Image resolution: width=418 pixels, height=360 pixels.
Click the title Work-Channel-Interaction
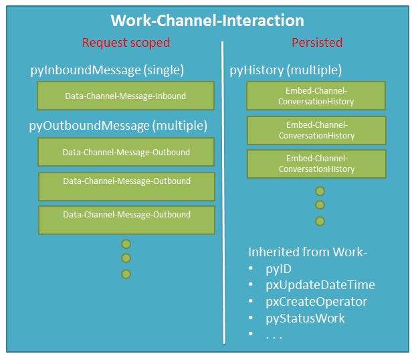click(x=207, y=21)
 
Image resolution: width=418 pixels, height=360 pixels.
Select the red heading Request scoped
click(x=126, y=43)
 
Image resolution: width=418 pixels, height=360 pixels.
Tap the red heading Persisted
click(x=317, y=43)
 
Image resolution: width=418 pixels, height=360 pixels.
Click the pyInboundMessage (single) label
click(x=107, y=70)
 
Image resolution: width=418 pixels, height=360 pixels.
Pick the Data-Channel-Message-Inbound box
click(x=126, y=96)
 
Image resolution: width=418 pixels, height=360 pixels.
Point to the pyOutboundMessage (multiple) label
click(x=118, y=126)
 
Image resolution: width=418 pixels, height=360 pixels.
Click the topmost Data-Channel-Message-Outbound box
click(x=126, y=152)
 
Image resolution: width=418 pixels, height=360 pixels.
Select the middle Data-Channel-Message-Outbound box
click(x=126, y=187)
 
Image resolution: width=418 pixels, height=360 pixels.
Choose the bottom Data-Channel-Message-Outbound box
click(x=126, y=220)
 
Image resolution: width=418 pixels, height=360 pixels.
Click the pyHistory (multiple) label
click(x=286, y=70)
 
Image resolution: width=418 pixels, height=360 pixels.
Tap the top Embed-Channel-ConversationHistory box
click(x=316, y=96)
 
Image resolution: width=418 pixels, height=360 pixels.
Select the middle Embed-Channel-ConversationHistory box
click(x=317, y=130)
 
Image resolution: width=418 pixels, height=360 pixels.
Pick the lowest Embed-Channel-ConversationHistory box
click(x=317, y=164)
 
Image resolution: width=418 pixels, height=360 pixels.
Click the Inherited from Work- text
click(x=308, y=252)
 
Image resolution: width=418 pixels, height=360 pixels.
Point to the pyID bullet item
click(x=279, y=269)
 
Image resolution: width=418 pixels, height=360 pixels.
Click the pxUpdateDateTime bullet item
click(x=320, y=285)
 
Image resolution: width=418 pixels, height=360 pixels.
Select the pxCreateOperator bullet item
click(x=316, y=302)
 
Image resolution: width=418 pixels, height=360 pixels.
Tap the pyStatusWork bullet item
click(x=305, y=319)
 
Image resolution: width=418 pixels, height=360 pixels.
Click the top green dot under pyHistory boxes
click(x=320, y=191)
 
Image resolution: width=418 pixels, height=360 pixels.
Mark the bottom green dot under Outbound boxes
click(x=126, y=274)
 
